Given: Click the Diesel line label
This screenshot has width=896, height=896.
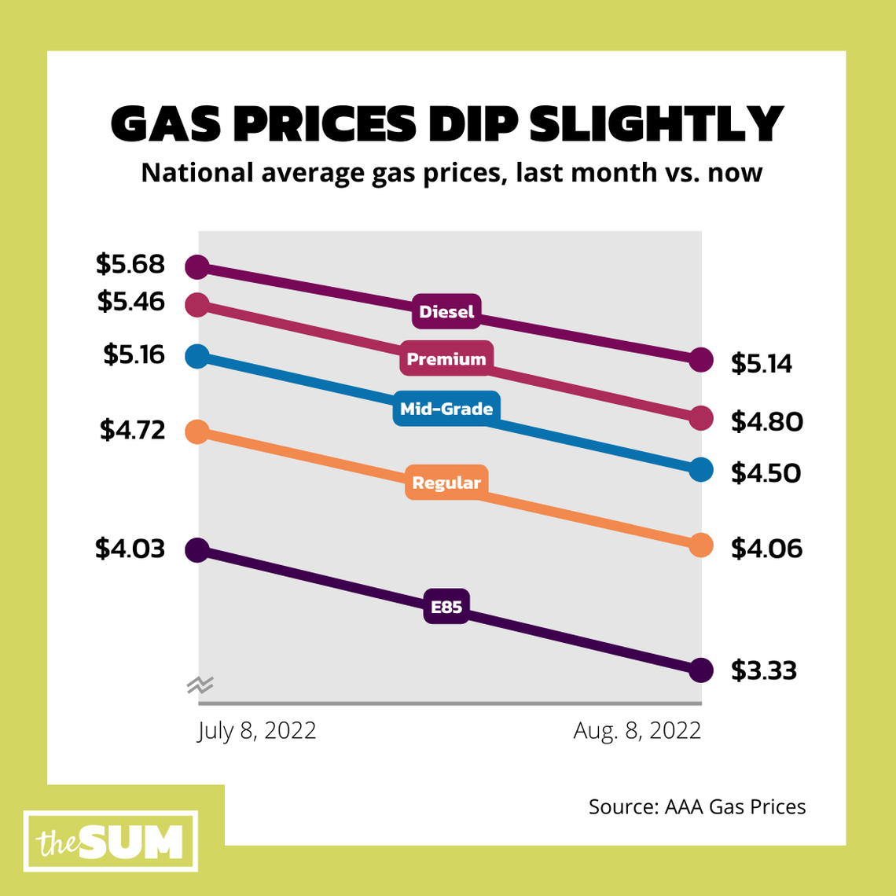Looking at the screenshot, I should pos(446,312).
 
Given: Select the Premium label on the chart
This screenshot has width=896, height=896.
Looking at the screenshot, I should pos(446,359).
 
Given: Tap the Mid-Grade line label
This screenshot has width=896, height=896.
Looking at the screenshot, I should pos(446,409).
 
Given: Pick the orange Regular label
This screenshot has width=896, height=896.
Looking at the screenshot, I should pos(446,483).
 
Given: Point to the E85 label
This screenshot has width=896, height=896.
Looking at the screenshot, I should pos(446,607).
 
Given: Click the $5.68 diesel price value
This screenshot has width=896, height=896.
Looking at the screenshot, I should pos(130,264).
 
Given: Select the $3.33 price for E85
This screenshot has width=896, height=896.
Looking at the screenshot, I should pos(764,670).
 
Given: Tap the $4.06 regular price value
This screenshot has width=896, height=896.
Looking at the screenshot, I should pos(766,548).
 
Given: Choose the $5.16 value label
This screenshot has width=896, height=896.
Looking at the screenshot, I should pos(134,354).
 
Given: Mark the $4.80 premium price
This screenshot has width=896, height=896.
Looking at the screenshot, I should pos(766,422).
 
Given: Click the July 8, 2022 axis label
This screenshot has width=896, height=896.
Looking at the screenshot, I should pos(256,731).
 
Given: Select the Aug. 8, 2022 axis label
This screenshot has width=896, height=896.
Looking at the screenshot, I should pos(637,731).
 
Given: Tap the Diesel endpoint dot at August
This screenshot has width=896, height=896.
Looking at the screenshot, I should pos(701,359).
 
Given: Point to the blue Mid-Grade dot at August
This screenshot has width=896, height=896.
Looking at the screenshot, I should pos(701,469).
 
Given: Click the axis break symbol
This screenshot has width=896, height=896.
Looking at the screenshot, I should pos(200,685).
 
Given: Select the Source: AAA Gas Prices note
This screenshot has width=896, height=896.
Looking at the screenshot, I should pos(697,807).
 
